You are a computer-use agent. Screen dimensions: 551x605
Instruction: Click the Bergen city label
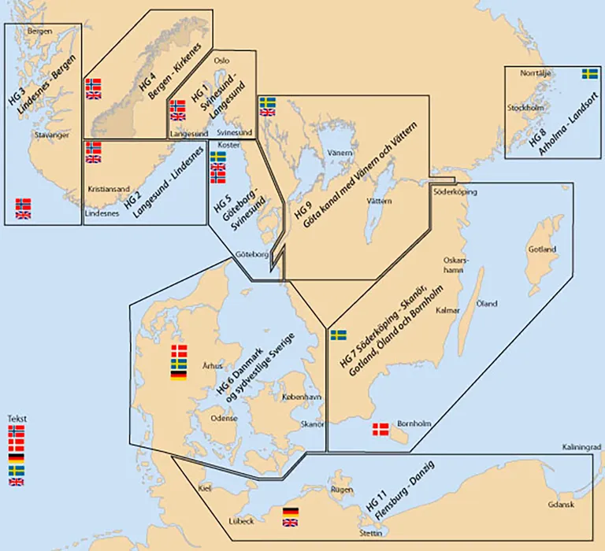point(39,31)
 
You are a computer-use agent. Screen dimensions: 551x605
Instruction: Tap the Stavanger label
point(53,135)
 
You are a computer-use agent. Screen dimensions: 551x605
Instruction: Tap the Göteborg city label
point(252,254)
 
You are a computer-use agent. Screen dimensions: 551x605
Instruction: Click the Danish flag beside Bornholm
point(380,429)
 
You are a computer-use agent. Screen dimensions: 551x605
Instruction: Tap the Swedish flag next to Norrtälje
point(589,74)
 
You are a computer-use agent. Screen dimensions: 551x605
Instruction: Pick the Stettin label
point(373,533)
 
